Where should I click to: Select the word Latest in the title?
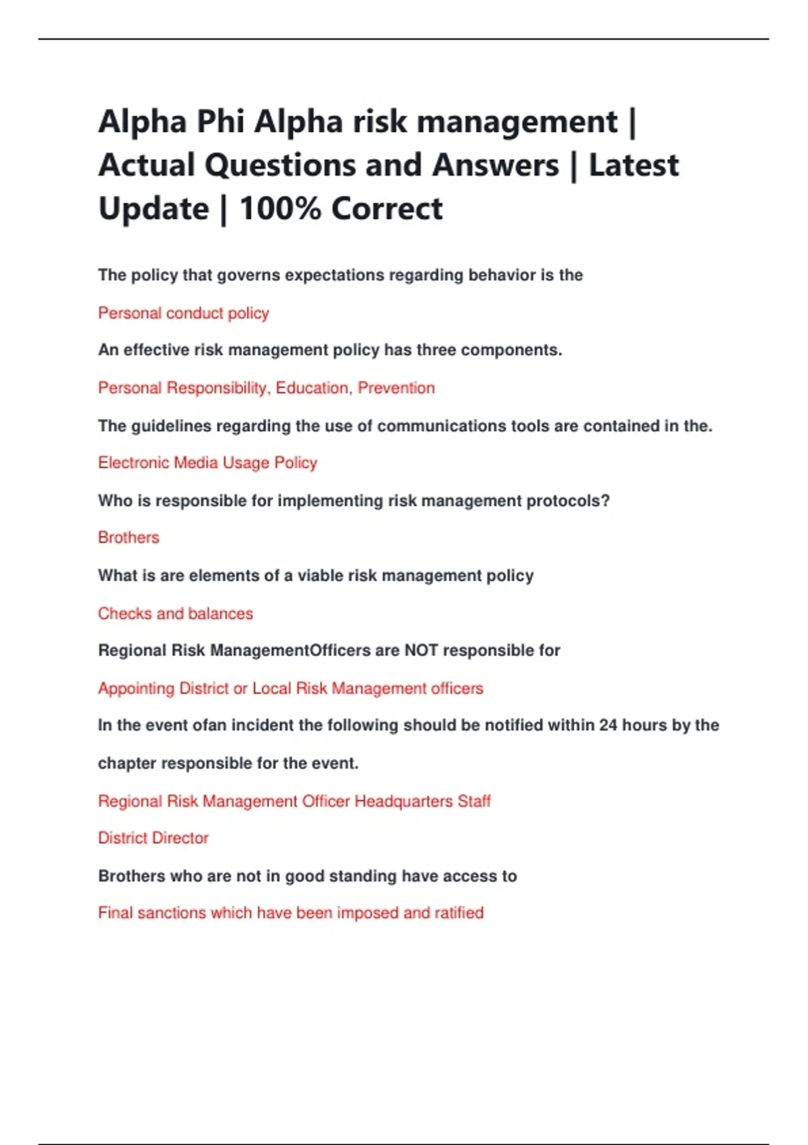click(x=634, y=166)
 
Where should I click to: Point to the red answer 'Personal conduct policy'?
click(x=183, y=313)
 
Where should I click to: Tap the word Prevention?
click(x=396, y=388)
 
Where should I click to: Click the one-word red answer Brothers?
click(x=129, y=537)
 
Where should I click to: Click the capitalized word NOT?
click(x=421, y=651)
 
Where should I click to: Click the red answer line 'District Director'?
click(x=154, y=838)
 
